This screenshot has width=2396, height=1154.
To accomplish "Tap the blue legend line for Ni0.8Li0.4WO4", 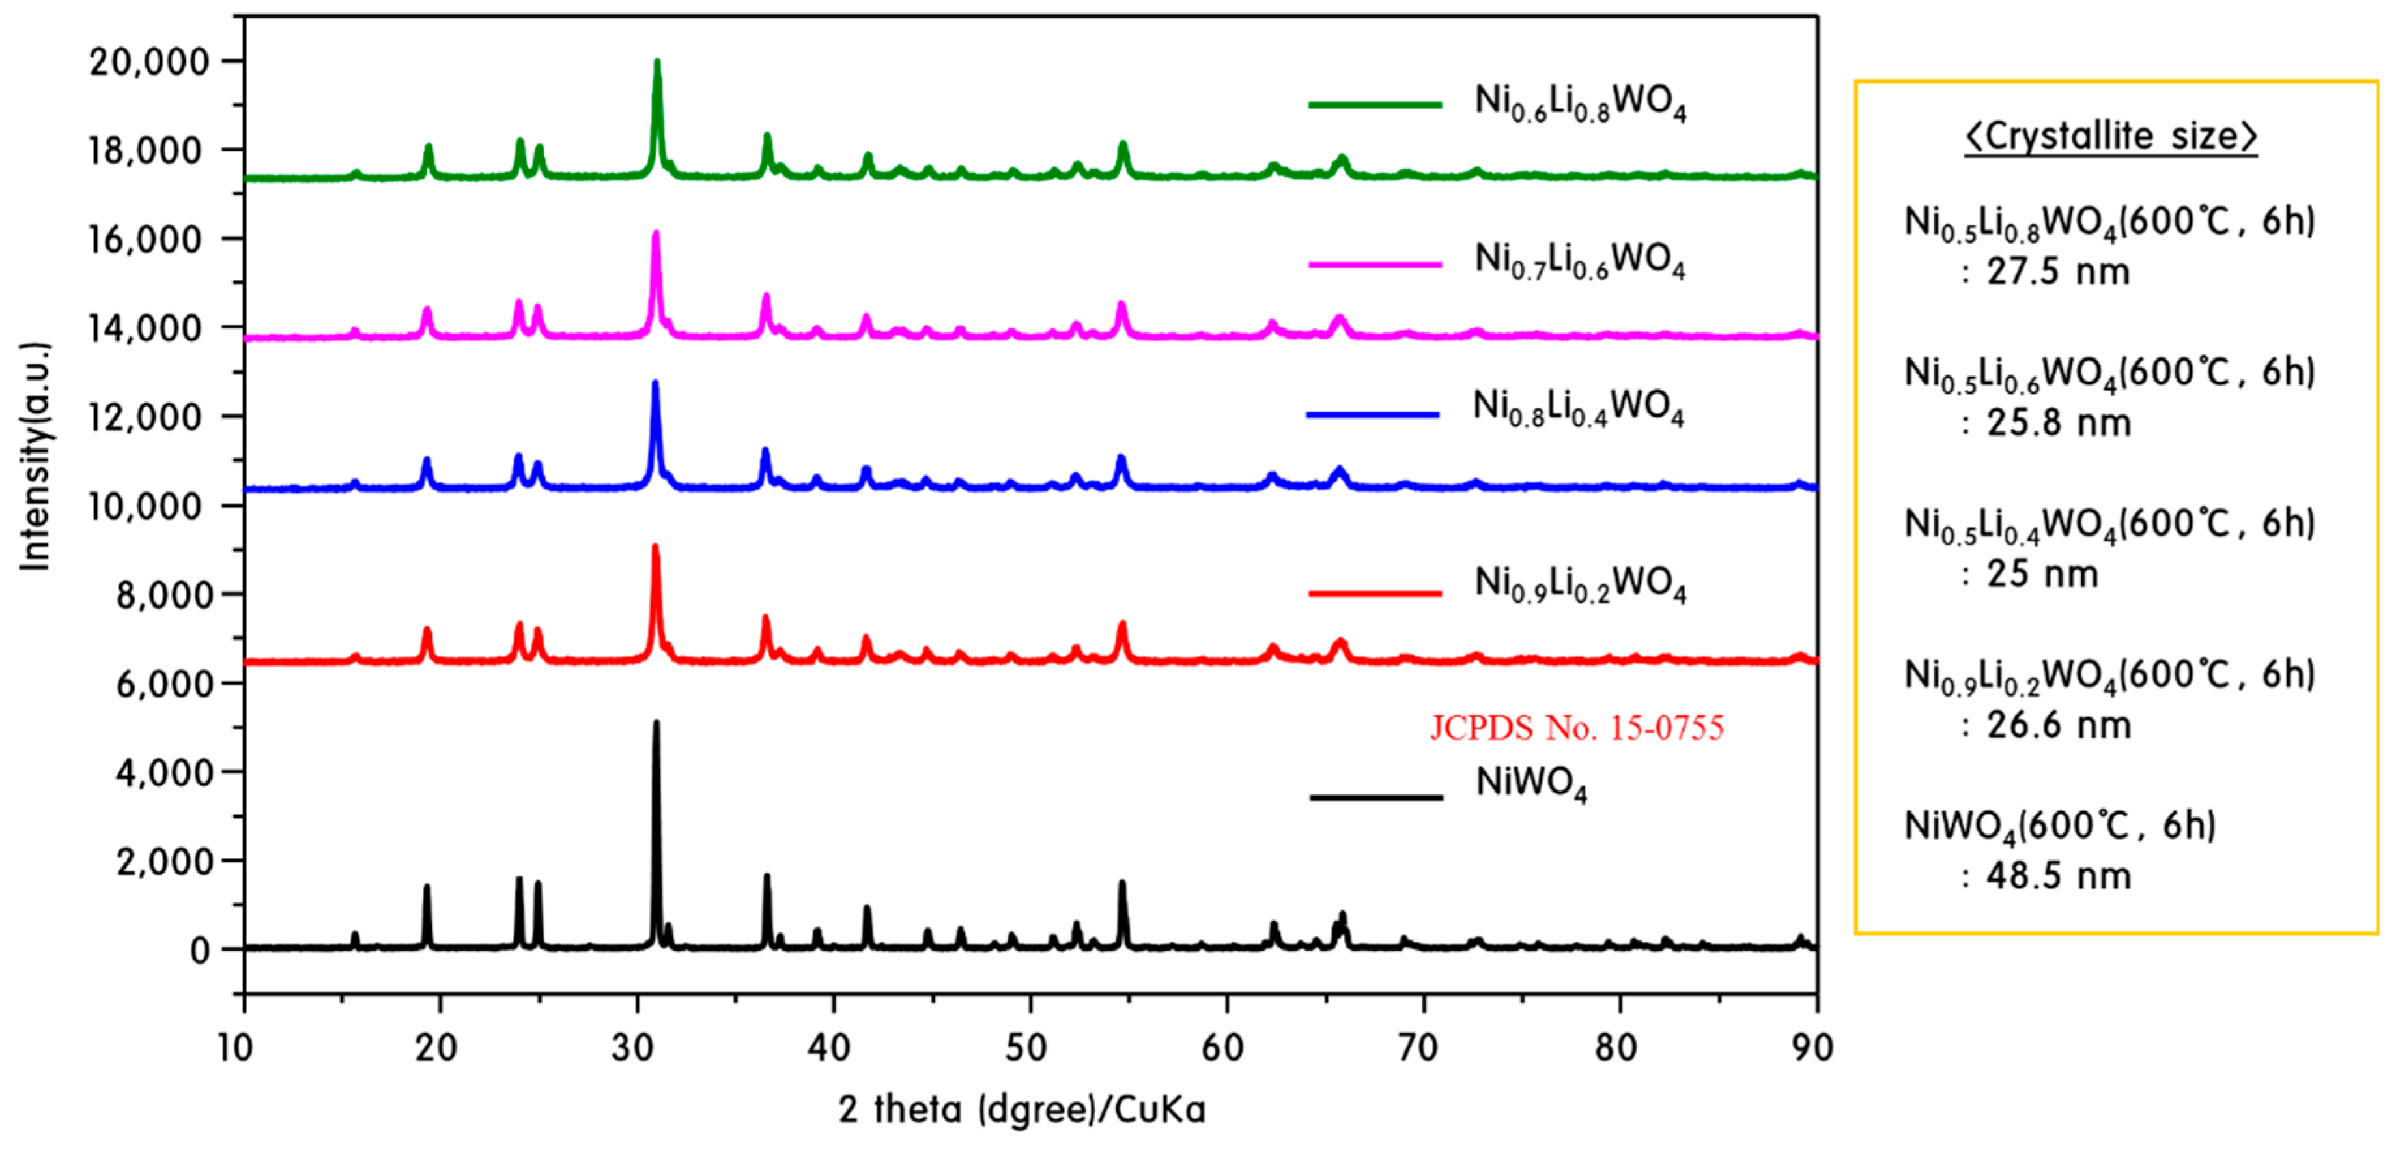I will click(1372, 414).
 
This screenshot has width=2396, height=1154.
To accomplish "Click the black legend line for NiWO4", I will click(1375, 797).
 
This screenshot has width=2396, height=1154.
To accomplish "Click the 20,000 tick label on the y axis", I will click(149, 63).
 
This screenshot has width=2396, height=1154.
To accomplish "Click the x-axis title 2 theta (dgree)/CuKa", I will click(1021, 1109).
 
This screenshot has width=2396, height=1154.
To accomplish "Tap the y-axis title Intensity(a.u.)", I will click(35, 456).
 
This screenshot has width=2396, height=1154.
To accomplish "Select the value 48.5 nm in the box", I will click(2057, 876).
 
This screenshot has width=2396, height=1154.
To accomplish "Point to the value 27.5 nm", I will click(2057, 272).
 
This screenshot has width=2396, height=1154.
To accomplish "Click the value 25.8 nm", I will click(2057, 424).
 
